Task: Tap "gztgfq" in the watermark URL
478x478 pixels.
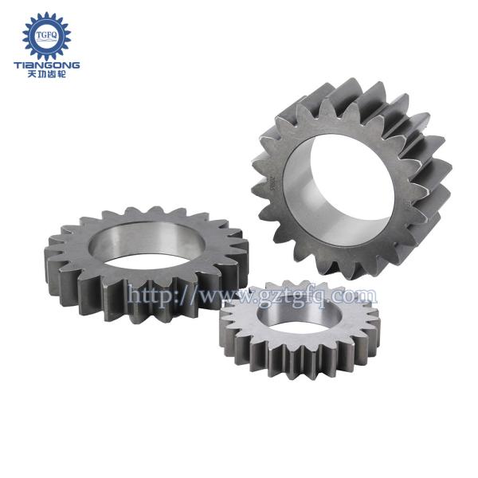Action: [294, 297]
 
